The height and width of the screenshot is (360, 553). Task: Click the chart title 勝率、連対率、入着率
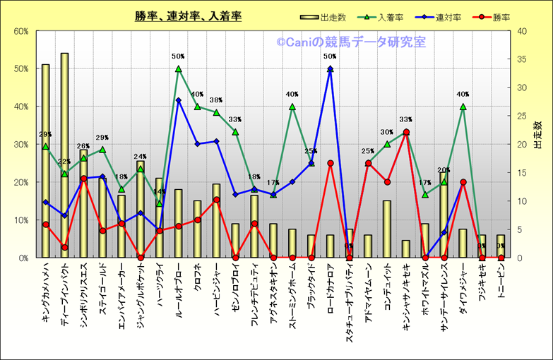click(188, 16)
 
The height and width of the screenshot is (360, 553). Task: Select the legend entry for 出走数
click(331, 18)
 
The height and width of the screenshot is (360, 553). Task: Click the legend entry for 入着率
click(389, 18)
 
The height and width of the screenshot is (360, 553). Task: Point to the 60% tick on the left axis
click(20, 31)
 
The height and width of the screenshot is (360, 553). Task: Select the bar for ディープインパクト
click(64, 155)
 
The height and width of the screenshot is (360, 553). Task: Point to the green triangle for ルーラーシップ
click(178, 69)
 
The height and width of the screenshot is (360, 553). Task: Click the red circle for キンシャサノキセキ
click(406, 132)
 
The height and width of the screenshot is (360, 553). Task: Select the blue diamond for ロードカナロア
click(330, 69)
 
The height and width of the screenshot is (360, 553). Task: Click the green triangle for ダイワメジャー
click(463, 107)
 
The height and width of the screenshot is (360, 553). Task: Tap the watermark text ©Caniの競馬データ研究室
click(351, 43)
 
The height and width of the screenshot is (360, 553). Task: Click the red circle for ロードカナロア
click(330, 163)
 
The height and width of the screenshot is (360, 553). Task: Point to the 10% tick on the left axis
click(20, 220)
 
